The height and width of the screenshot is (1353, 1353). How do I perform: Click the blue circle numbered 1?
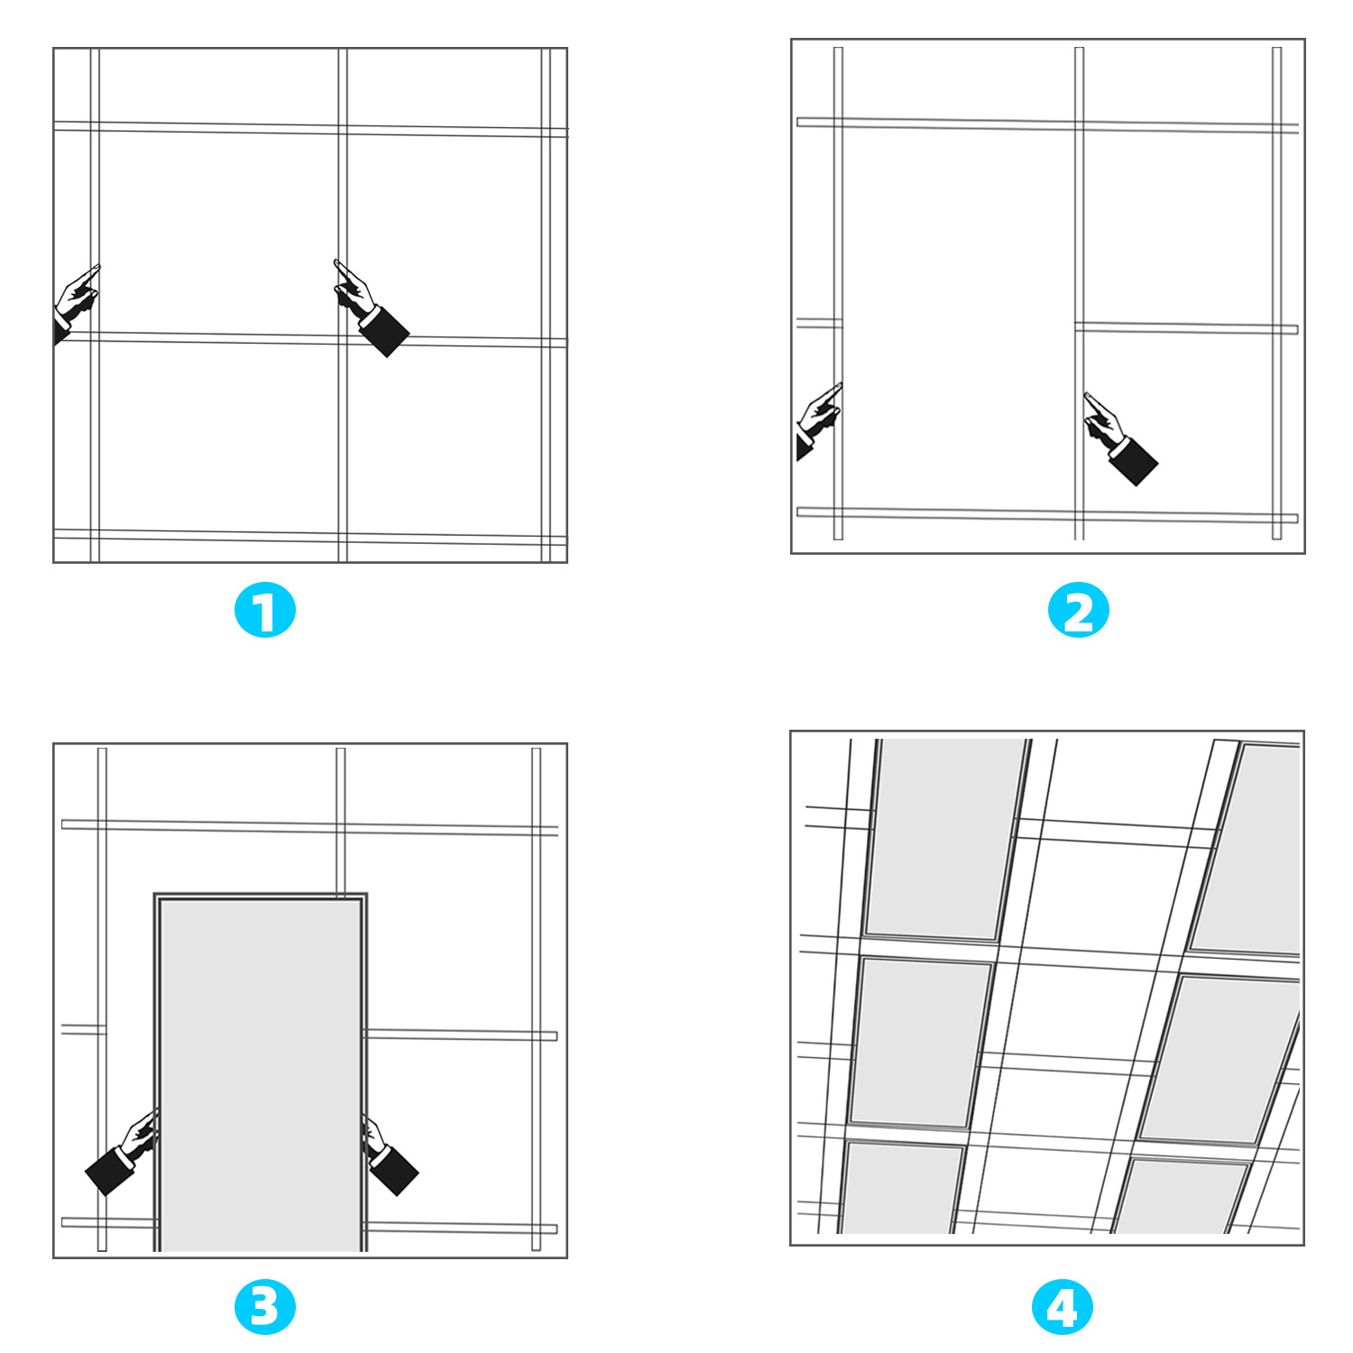(x=264, y=611)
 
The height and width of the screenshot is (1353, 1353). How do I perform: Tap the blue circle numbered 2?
(x=1078, y=611)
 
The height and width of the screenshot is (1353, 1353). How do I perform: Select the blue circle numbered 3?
(x=264, y=1307)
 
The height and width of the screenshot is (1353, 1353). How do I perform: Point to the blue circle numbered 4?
(x=1062, y=1307)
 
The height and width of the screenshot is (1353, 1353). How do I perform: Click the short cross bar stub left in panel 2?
(x=819, y=323)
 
